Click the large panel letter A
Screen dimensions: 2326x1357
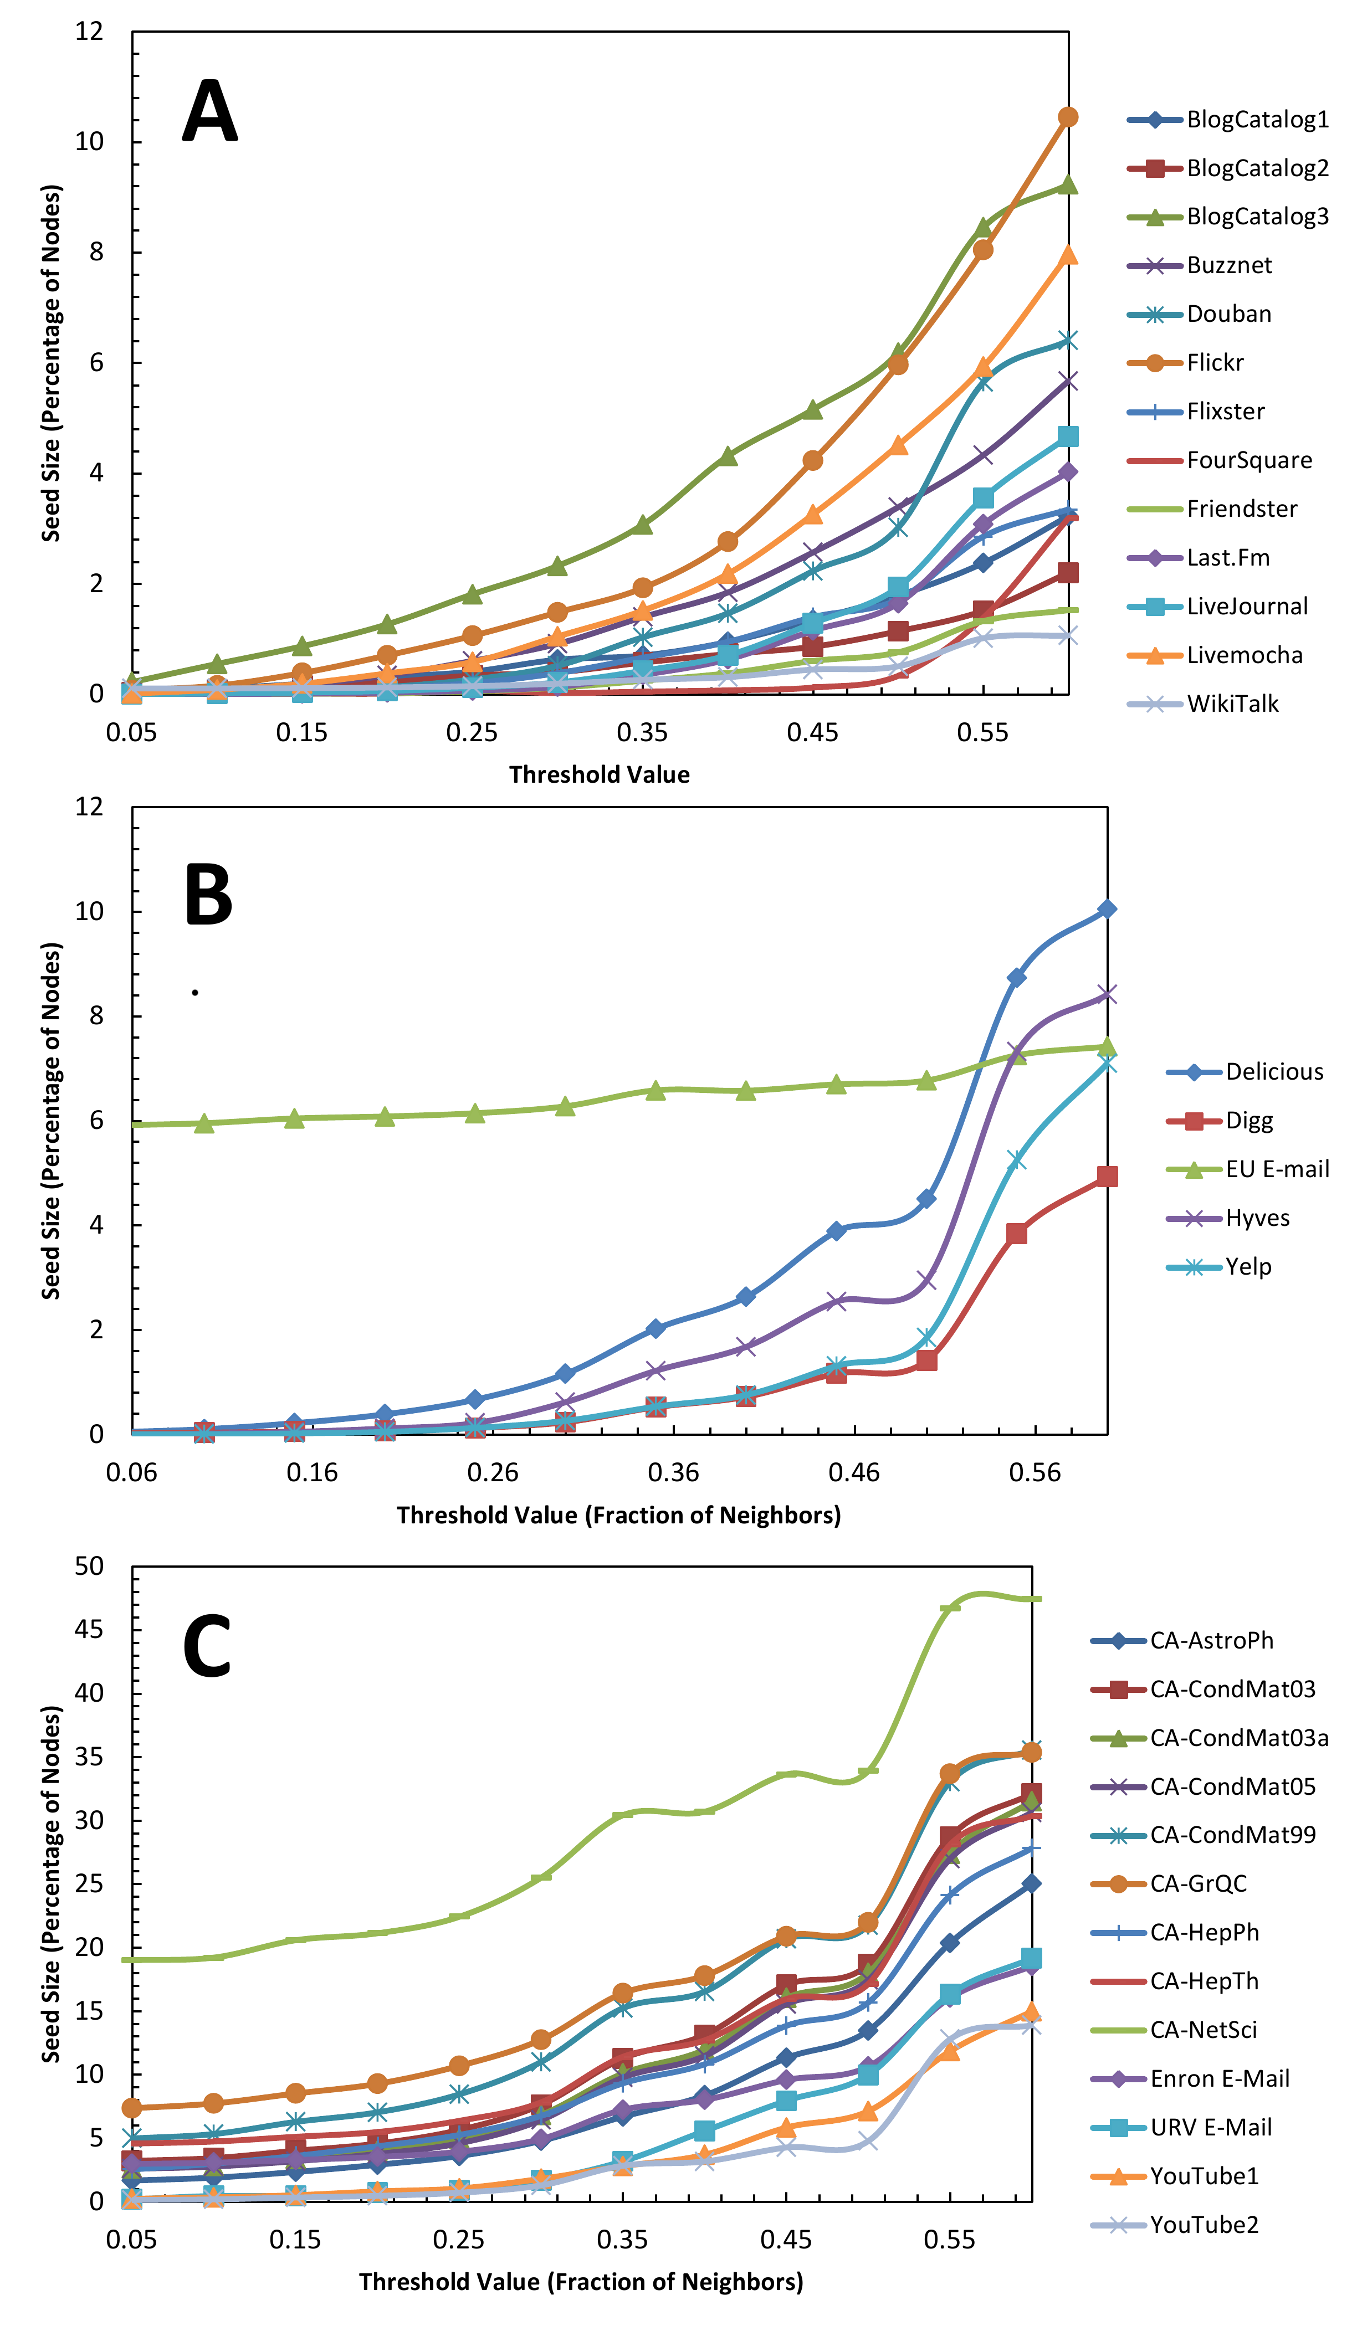211,112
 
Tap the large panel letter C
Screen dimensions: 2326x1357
207,1647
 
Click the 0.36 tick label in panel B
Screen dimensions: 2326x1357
673,1473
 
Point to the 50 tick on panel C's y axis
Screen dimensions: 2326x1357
90,1567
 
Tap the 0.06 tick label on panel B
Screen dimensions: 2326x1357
131,1473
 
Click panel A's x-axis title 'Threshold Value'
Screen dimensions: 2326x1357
599,774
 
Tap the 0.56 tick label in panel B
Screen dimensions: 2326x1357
1035,1473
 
